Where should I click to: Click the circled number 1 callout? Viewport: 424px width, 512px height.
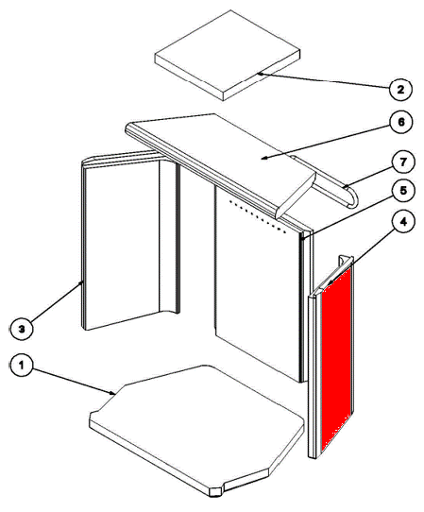(22, 366)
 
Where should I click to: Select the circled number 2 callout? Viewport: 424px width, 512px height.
(400, 89)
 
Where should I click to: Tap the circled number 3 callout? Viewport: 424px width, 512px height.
(22, 329)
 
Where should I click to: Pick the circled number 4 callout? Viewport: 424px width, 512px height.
(404, 222)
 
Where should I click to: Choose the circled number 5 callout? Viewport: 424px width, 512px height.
(403, 190)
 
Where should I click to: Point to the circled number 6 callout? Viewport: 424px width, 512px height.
(401, 122)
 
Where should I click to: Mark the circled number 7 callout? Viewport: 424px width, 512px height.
(403, 162)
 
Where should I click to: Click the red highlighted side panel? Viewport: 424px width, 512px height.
(336, 359)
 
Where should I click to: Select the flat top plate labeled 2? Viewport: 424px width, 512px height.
(228, 55)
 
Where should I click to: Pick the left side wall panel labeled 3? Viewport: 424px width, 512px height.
(129, 242)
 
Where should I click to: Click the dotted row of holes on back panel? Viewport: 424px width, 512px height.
(258, 216)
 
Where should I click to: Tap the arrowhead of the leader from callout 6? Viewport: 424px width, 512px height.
(265, 158)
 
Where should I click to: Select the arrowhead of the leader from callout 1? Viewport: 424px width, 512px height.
(112, 393)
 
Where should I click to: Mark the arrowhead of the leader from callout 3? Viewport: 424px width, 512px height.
(82, 282)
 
